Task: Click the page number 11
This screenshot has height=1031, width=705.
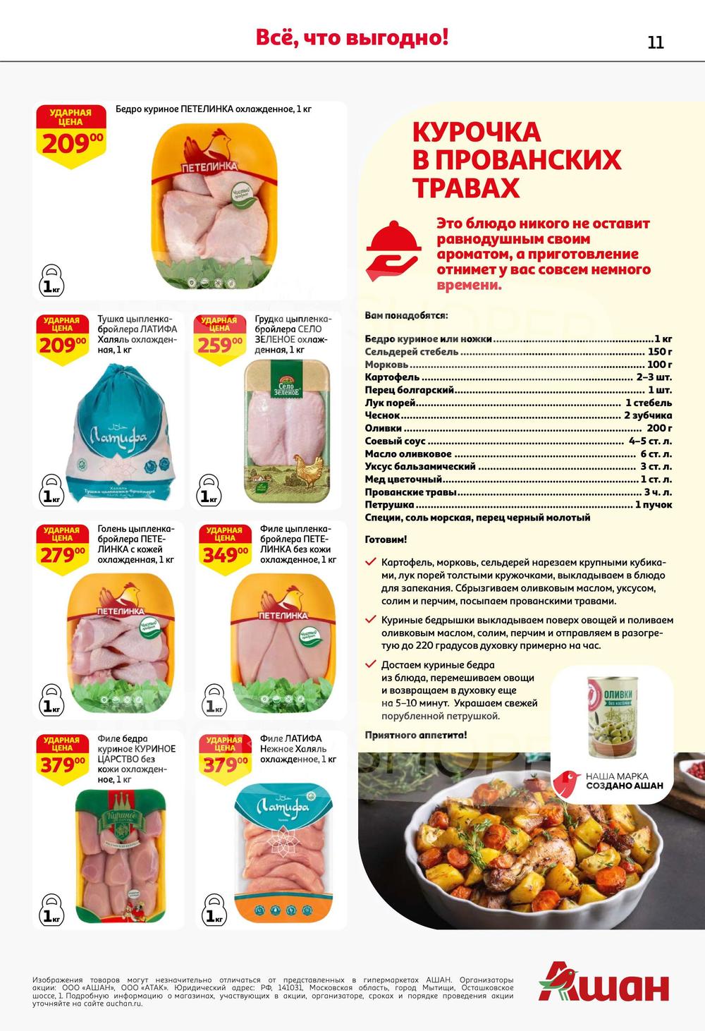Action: click(x=655, y=42)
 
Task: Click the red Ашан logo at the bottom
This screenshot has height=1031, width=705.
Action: click(x=604, y=981)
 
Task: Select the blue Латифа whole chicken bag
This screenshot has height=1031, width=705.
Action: click(x=120, y=434)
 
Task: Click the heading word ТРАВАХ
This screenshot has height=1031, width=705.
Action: click(x=466, y=188)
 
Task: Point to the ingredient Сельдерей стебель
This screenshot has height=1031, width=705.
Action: click(x=412, y=351)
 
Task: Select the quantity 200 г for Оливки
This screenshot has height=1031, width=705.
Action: click(x=659, y=428)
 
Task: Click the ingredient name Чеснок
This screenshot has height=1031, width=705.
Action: click(x=383, y=415)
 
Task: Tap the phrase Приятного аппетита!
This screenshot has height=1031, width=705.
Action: click(x=416, y=735)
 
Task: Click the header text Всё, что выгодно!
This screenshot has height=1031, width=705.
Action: click(x=352, y=37)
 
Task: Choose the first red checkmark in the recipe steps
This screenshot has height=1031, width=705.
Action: click(x=370, y=562)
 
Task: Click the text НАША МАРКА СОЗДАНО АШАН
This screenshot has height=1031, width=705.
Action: click(x=624, y=781)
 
